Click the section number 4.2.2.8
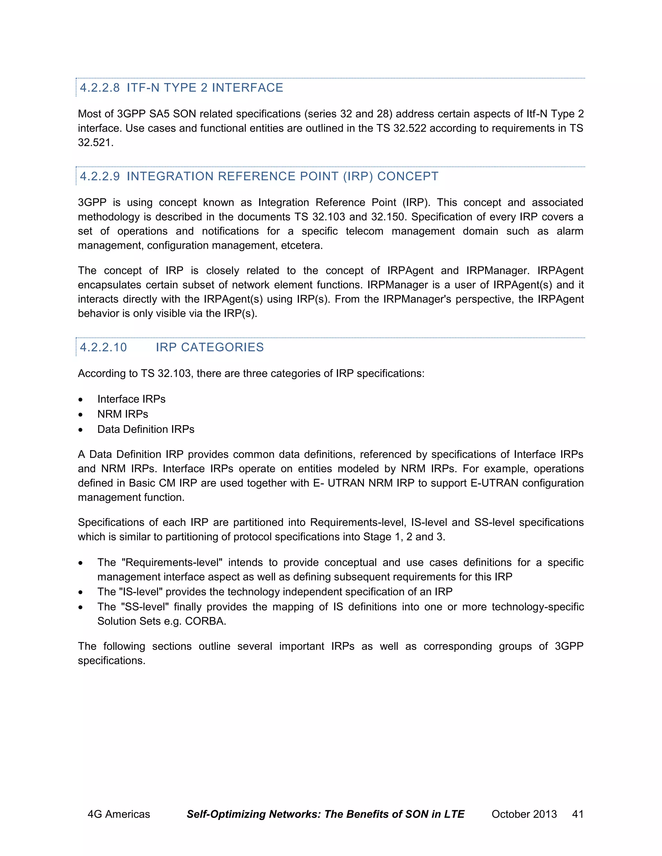pos(100,88)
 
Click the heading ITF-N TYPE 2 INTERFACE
pos(205,88)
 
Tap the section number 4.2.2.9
pos(100,176)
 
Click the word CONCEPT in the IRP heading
pos(408,176)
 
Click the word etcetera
pos(302,245)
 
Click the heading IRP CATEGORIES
pos(209,347)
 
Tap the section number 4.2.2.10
pos(103,347)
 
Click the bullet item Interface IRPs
pos(131,399)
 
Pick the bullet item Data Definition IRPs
pos(146,429)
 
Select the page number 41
pos(578,814)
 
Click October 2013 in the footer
pos(524,814)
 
